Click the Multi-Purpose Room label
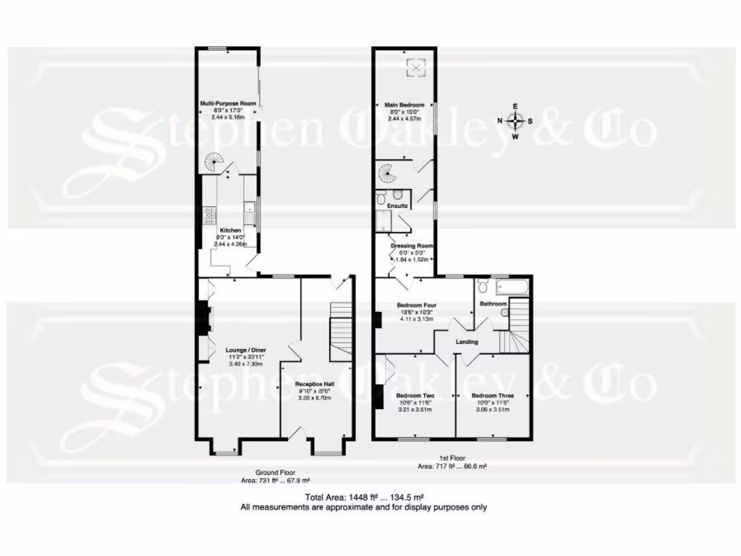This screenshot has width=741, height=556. click(228, 104)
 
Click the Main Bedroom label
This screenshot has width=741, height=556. click(404, 105)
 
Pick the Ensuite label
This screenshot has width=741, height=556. click(398, 206)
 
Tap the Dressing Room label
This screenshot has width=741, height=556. click(412, 246)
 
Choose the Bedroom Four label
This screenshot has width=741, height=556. click(415, 305)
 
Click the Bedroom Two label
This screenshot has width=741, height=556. click(415, 396)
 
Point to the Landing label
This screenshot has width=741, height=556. click(466, 342)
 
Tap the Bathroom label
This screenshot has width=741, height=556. click(493, 304)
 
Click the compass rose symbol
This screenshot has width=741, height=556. click(515, 121)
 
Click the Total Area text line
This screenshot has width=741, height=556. click(364, 497)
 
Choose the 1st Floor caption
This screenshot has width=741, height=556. click(452, 458)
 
